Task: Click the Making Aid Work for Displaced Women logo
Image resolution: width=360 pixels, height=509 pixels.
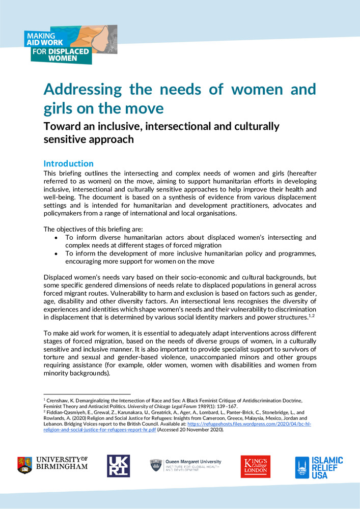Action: click(x=70, y=45)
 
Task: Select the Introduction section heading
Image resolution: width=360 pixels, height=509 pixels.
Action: click(x=68, y=164)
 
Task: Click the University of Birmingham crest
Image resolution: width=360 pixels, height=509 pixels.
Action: click(x=24, y=465)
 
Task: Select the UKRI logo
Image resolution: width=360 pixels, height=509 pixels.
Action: click(x=118, y=466)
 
